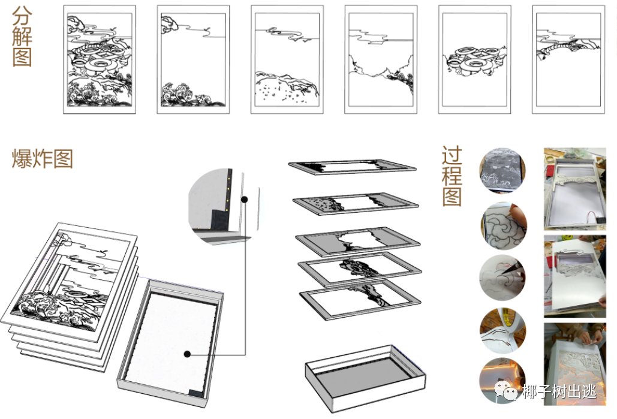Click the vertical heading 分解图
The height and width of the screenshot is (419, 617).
click(22, 36)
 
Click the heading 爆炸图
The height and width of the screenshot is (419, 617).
click(42, 159)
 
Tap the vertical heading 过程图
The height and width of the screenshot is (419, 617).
click(452, 176)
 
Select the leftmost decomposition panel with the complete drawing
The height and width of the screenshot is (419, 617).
click(100, 59)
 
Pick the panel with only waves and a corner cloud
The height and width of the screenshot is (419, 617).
click(193, 59)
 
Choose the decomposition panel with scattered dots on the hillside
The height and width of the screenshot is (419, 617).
click(287, 59)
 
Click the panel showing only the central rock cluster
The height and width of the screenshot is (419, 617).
click(474, 59)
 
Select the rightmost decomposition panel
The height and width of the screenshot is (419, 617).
click(568, 59)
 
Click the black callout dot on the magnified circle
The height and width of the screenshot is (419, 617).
click(245, 200)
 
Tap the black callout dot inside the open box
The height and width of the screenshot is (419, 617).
click(187, 354)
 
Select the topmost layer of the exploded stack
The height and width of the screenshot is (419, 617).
click(352, 167)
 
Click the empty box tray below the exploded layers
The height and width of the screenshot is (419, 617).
click(365, 378)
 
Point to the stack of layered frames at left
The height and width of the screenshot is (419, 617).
click(71, 295)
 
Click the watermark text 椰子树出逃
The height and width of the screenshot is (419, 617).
click(559, 391)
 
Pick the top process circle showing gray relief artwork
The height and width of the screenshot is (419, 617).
click(502, 170)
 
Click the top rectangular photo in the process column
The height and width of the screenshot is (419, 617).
click(575, 189)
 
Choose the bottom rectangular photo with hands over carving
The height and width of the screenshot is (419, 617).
click(575, 364)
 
